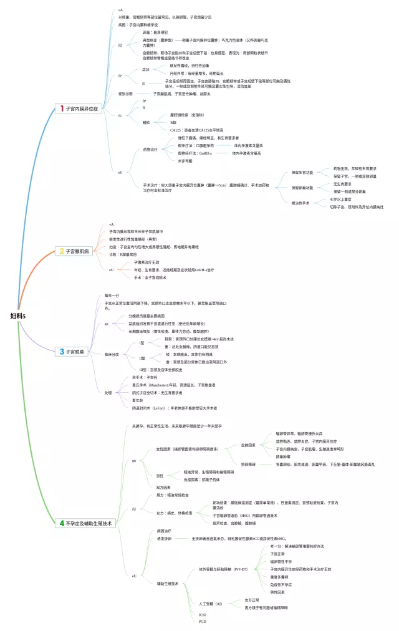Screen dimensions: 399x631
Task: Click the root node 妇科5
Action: [18, 316]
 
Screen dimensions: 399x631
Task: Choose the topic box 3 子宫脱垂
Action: [73, 352]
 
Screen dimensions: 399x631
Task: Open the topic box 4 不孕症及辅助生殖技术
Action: [87, 523]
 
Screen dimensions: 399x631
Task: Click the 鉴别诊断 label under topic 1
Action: [127, 94]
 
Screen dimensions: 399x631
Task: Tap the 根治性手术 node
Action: [301, 203]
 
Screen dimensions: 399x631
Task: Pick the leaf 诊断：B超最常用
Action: [128, 254]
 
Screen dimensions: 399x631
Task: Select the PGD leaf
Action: [203, 621]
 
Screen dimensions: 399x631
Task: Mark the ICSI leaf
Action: [203, 614]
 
